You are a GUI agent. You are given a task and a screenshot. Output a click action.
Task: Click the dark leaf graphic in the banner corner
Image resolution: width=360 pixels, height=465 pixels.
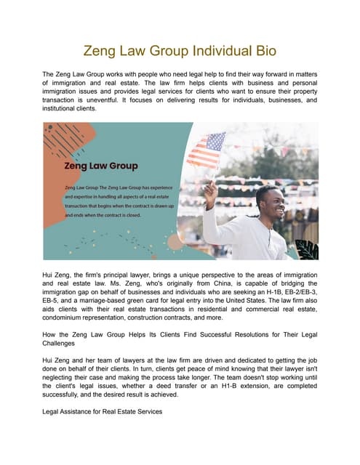[x=307, y=250]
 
